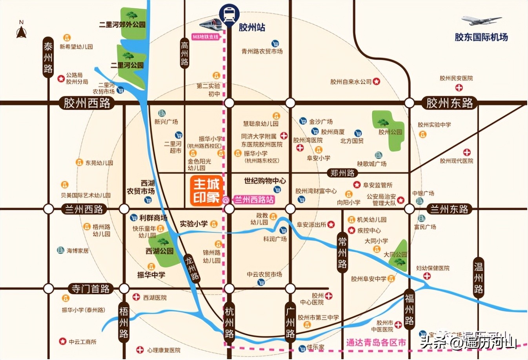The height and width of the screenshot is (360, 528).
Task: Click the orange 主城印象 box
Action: coord(206,191)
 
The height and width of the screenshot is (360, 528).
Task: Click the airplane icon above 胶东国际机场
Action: coord(481,21)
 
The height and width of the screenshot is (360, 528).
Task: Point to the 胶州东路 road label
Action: coord(450,103)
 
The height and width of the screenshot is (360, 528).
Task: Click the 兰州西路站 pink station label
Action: coord(254,200)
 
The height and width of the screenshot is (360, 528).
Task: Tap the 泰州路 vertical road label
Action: coord(48,58)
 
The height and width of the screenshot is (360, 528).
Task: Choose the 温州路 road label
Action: coord(478,278)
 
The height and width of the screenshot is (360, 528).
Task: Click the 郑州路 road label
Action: coord(342,173)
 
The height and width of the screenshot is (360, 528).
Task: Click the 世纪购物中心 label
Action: coord(265,181)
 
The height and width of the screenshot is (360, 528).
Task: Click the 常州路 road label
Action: coord(342,253)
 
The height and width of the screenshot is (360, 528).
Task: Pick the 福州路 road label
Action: coord(409,309)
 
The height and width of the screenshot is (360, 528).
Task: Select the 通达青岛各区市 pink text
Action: coord(376,342)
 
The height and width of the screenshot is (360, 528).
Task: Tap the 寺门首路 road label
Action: coord(90,289)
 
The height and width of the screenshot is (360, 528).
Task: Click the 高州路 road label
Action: coord(184,53)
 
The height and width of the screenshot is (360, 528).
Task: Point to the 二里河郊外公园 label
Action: coord(122,25)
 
